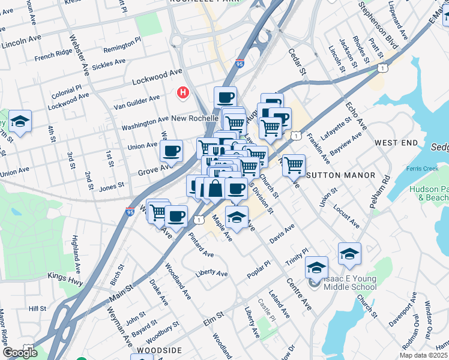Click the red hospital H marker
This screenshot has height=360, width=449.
pos(182,93)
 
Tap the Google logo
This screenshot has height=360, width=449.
pos(20,353)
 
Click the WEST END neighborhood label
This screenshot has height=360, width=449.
pos(395,143)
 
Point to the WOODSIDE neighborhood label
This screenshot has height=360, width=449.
pos(159,350)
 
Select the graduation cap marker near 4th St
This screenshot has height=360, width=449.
pos(20,122)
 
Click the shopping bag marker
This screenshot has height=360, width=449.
pos(215,189)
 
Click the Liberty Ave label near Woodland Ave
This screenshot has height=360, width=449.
pos(211,273)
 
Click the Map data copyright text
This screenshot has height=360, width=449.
pos(424,355)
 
